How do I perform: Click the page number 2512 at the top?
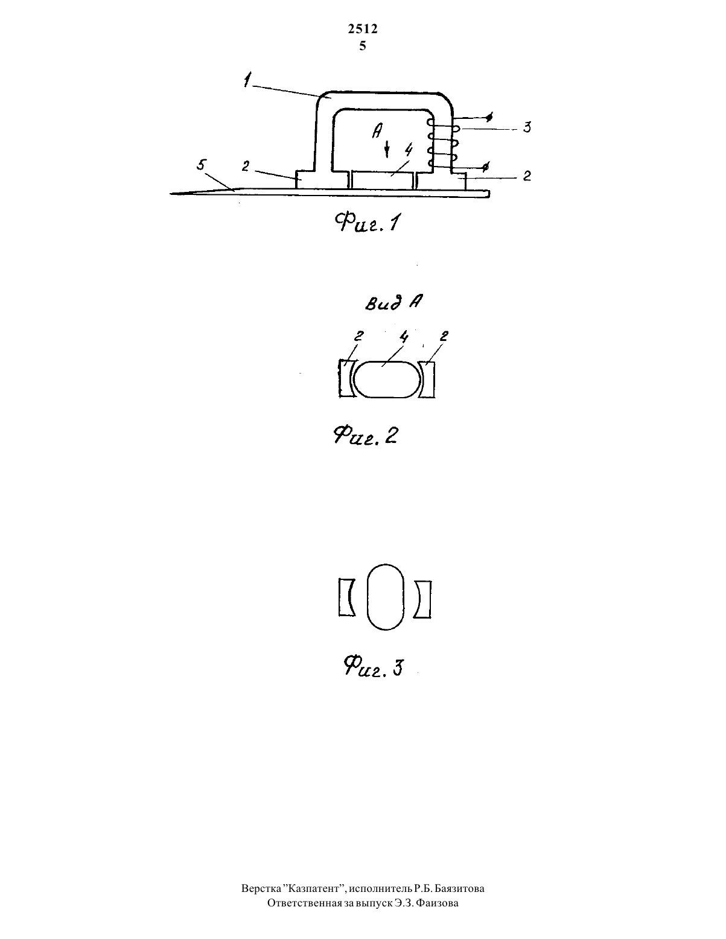[x=363, y=28]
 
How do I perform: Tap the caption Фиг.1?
[x=368, y=223]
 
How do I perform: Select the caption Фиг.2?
[x=365, y=435]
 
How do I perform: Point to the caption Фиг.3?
[x=373, y=666]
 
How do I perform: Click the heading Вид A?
[x=393, y=302]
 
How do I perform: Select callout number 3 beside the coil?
[x=527, y=127]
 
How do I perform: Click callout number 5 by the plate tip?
[x=202, y=165]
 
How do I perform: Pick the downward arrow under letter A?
[x=387, y=150]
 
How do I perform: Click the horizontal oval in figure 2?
[x=387, y=380]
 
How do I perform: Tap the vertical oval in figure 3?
[x=386, y=597]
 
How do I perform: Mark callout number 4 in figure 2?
[x=404, y=337]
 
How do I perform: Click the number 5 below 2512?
[x=363, y=46]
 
